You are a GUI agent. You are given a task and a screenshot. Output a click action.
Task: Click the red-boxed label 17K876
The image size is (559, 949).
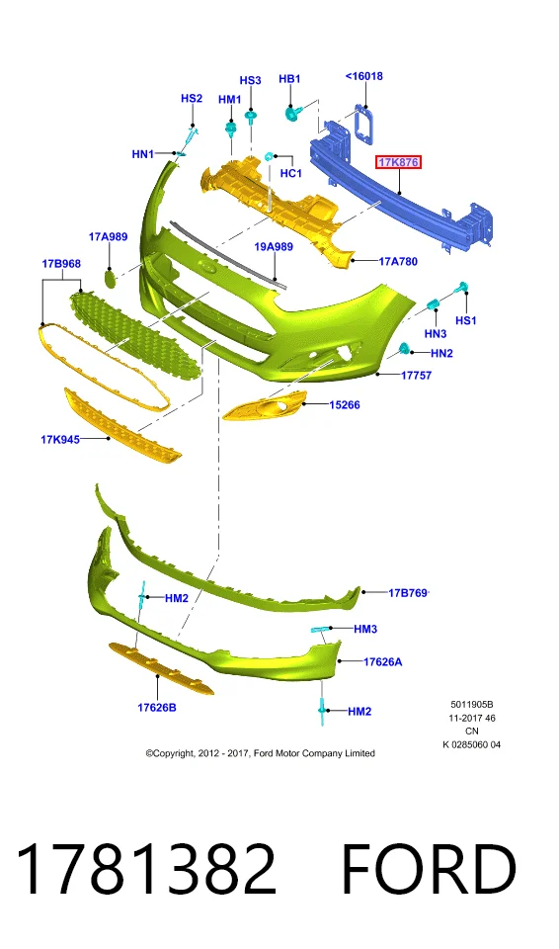[398, 162]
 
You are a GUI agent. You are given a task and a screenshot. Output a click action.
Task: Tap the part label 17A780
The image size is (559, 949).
[398, 261]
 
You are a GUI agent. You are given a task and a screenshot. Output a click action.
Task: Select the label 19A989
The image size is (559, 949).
[274, 247]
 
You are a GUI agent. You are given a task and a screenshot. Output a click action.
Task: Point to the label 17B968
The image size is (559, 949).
[61, 264]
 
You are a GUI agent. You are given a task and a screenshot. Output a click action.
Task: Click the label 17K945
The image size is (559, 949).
[60, 439]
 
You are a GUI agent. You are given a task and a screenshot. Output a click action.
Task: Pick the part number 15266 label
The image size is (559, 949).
[345, 405]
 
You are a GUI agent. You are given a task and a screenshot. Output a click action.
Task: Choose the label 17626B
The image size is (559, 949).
[157, 707]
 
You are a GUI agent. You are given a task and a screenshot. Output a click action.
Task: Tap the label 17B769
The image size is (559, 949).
[408, 592]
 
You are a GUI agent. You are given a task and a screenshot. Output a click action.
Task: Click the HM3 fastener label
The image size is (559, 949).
[365, 629]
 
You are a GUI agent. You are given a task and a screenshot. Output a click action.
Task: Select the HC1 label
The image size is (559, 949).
[291, 173]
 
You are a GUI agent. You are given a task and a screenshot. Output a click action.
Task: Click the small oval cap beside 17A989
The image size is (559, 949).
[110, 279]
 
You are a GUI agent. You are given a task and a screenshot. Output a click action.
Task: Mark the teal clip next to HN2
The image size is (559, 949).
[405, 349]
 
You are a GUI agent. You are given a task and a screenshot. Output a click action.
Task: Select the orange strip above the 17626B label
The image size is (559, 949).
[161, 669]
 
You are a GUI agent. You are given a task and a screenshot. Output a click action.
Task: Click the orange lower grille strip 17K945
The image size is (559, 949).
[122, 424]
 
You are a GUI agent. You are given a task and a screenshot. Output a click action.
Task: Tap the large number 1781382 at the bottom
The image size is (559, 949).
[145, 869]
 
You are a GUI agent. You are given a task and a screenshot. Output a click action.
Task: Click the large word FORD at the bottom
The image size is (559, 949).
[429, 869]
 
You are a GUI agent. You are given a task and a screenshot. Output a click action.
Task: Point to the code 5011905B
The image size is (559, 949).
[472, 705]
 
